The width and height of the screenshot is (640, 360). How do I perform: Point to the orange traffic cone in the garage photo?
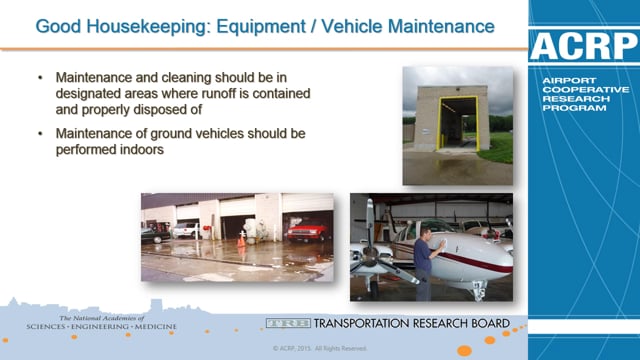[241, 240]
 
